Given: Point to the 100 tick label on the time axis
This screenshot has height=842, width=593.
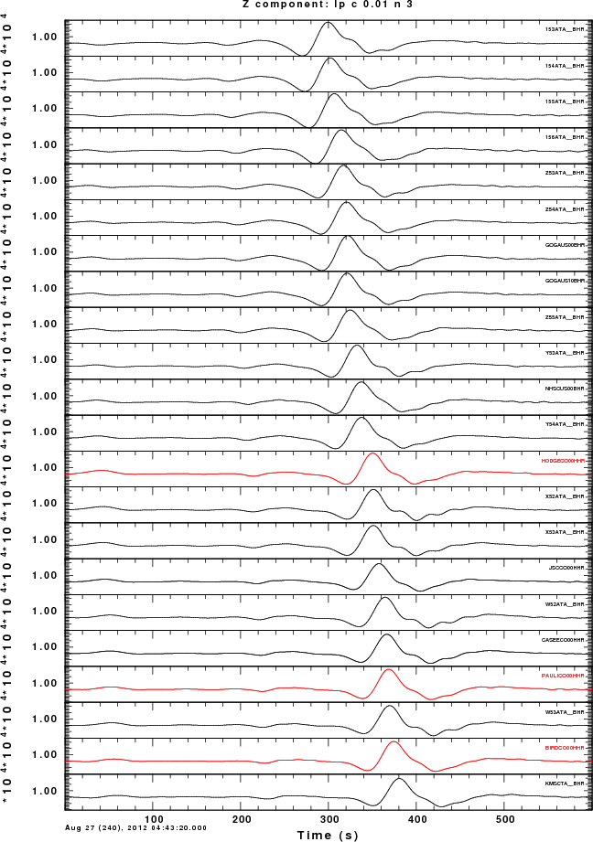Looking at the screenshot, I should [x=154, y=818].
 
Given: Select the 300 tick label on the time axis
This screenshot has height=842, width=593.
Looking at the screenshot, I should [x=329, y=818].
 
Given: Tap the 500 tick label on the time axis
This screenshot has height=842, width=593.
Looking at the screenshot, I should [x=504, y=818].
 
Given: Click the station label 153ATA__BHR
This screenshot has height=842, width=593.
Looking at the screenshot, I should [x=564, y=30].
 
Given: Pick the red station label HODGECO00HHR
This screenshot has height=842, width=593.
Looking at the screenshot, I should [x=561, y=462].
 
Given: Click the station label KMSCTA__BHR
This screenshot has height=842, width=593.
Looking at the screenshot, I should [x=564, y=784].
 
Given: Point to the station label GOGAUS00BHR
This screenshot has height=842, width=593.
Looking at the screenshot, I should [x=564, y=246].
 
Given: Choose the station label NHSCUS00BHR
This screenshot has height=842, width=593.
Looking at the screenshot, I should [x=563, y=389].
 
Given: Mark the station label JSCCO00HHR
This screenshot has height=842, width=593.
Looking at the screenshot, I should [x=566, y=570].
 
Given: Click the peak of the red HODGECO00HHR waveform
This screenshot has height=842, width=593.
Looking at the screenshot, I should [x=372, y=453].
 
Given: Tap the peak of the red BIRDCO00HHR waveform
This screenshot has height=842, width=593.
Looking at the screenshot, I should [x=394, y=742].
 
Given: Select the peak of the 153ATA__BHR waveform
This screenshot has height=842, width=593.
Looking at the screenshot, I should [x=329, y=23].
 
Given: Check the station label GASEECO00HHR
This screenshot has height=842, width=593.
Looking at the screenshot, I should [x=563, y=641].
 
